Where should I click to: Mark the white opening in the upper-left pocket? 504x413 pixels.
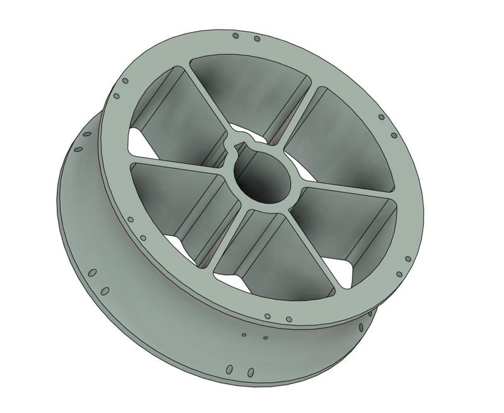click(x=140, y=139)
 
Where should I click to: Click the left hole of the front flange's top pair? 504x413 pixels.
click(x=235, y=35)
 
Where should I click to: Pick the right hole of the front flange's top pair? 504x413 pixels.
click(x=257, y=39)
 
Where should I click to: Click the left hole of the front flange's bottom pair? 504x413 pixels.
click(x=267, y=316)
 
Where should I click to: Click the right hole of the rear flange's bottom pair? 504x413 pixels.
click(x=250, y=371)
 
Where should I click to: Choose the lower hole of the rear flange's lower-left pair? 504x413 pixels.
click(x=105, y=291)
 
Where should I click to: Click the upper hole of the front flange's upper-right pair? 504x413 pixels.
click(x=381, y=117)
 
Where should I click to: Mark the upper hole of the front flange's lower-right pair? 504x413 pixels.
click(x=408, y=259)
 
